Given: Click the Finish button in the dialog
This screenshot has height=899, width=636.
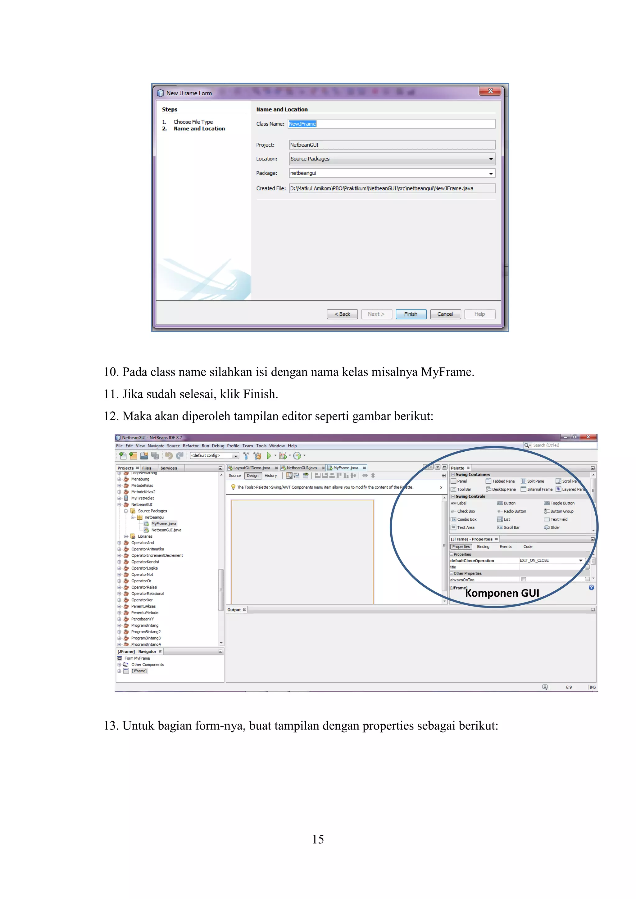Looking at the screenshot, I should (411, 314).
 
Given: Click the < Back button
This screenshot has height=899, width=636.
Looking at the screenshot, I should (342, 314).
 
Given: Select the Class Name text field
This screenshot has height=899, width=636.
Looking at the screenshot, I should (392, 124).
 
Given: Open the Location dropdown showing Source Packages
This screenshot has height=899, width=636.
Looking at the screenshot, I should (392, 159).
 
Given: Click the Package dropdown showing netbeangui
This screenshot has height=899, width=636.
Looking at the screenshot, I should (392, 173).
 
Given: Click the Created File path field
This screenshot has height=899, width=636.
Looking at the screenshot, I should (392, 188).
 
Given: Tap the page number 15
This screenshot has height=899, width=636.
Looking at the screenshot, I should (318, 839).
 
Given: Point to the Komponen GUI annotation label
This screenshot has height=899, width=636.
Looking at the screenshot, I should (502, 593).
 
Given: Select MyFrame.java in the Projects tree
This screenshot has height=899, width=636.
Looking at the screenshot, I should (163, 523).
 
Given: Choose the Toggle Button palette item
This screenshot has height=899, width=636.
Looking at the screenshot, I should (562, 503).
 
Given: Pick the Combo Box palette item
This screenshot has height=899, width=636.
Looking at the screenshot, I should (466, 520).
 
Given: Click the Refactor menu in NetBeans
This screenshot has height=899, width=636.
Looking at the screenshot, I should (190, 445).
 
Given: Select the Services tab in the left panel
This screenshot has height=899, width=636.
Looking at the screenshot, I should (169, 468).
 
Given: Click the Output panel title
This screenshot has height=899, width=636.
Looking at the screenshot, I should (234, 610).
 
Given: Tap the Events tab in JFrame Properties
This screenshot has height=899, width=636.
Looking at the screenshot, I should (505, 547).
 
